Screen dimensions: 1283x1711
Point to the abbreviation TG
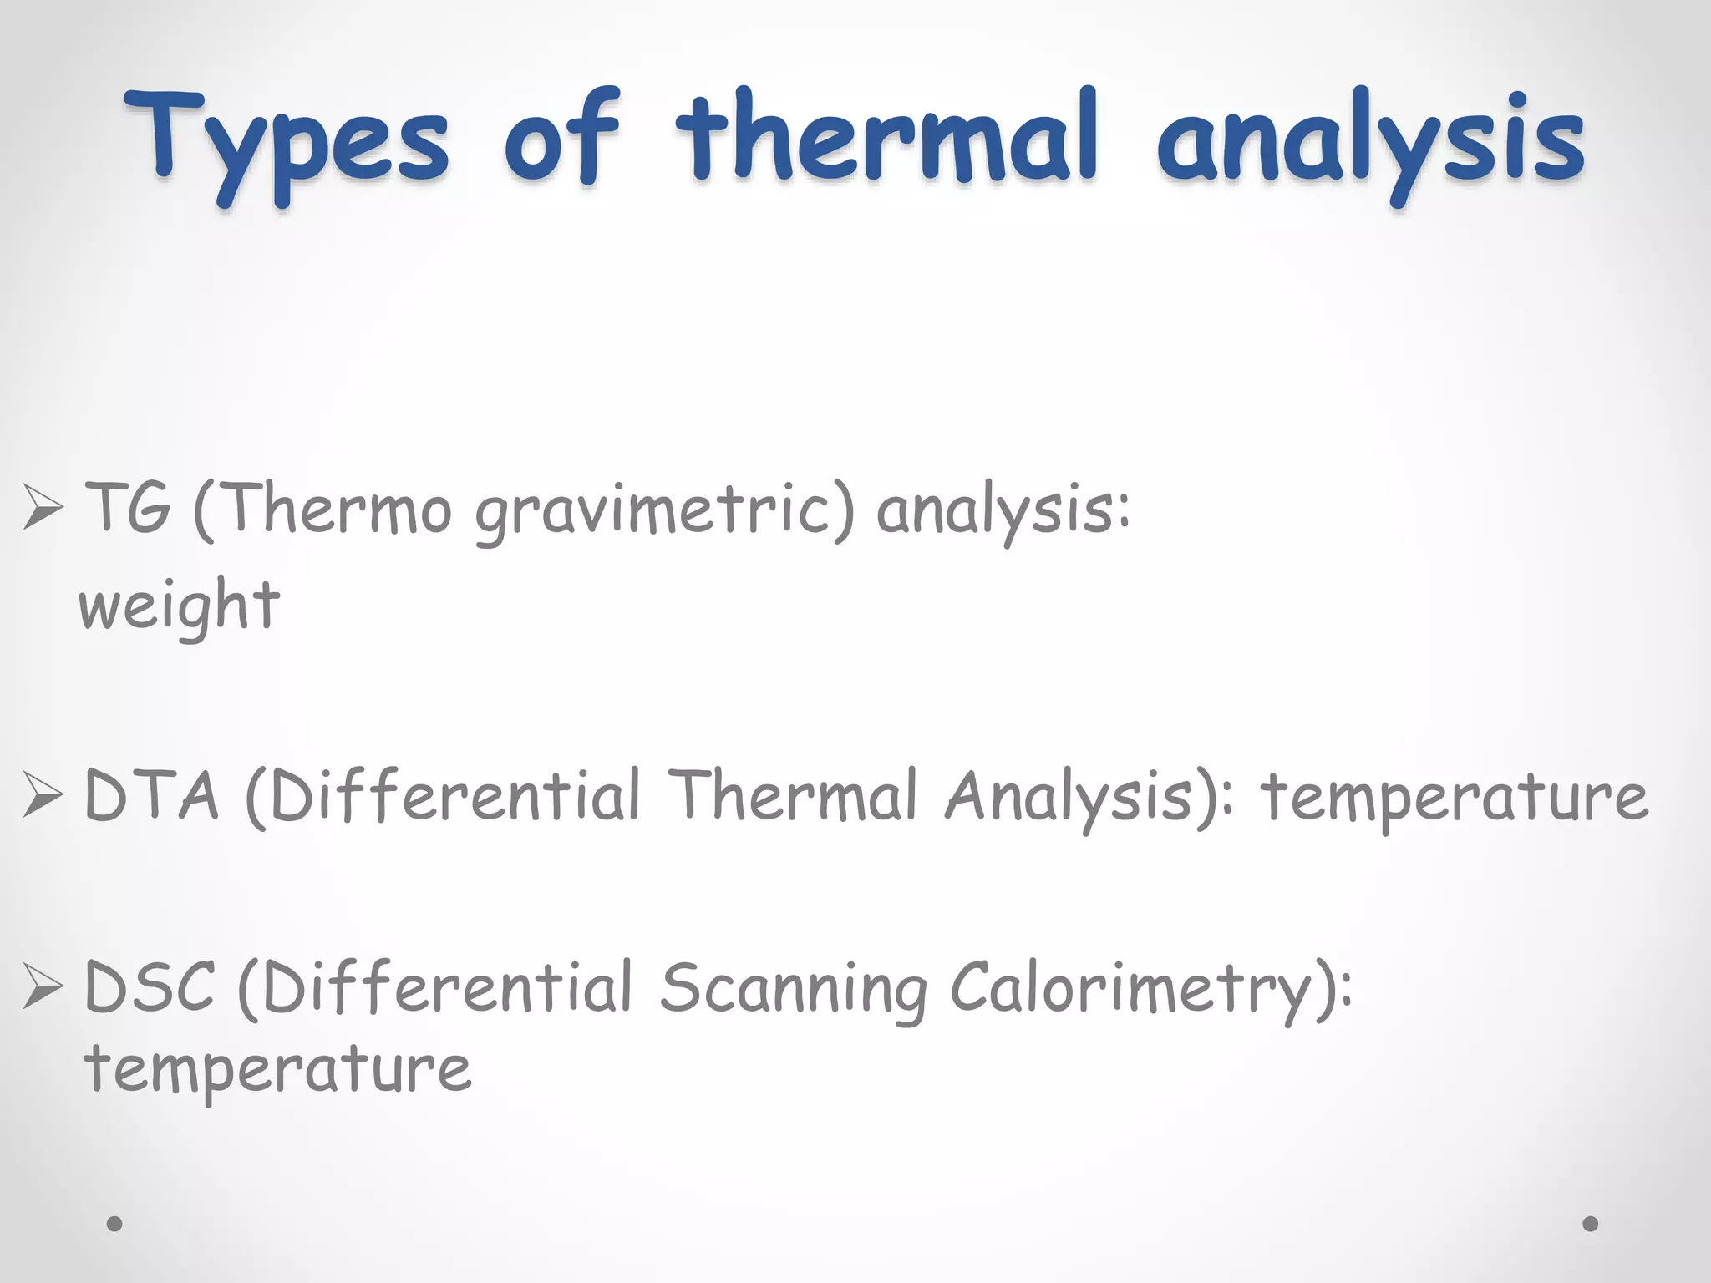[x=127, y=508]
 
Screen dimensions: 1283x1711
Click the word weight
[x=180, y=606]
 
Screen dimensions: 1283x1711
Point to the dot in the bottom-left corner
[x=115, y=1224]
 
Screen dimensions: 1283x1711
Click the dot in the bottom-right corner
[x=1591, y=1224]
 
